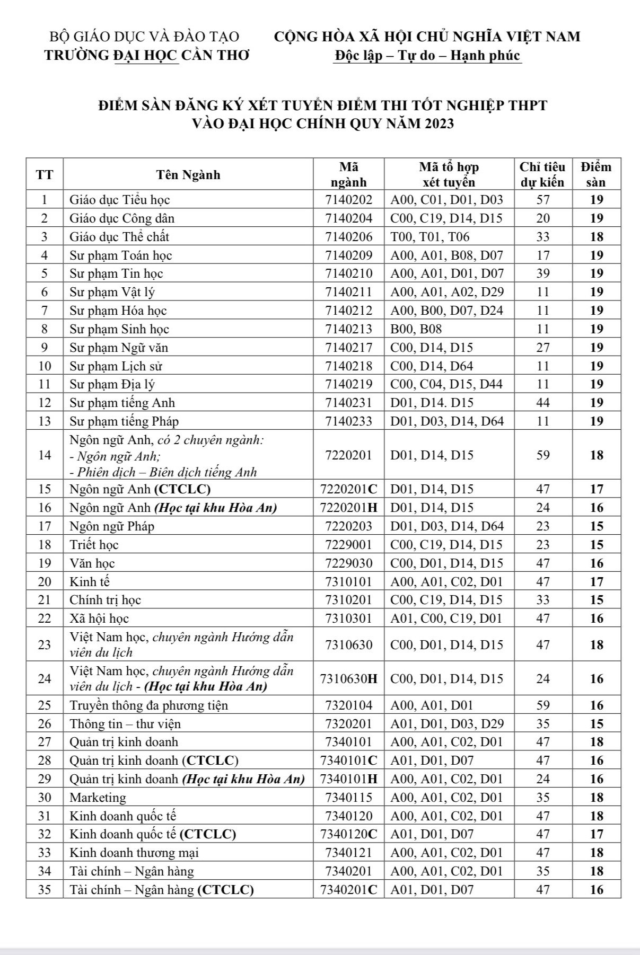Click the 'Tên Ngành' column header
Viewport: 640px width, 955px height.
pos(188,175)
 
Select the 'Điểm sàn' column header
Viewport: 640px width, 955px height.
pos(596,175)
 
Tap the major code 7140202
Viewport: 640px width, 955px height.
pos(349,200)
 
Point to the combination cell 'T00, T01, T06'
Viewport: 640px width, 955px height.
pos(430,237)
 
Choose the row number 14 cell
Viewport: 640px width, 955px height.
pos(45,455)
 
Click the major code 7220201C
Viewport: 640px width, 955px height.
pos(349,489)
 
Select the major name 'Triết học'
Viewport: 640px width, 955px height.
pos(94,545)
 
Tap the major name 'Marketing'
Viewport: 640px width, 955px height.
pos(98,798)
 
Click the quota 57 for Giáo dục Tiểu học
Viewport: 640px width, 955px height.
pos(543,200)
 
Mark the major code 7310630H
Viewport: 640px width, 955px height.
pos(349,679)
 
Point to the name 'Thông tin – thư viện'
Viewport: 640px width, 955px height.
pos(125,724)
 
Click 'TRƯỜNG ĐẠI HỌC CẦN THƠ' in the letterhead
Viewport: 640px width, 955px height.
pos(147,56)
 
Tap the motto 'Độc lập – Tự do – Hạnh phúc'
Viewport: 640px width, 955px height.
pos(427,56)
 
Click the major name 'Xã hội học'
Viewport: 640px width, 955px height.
pos(99,618)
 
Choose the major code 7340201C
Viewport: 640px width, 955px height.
pos(349,890)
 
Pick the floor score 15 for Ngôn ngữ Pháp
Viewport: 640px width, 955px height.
pos(597,526)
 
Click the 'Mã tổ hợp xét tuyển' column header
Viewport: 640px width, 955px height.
pos(449,175)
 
